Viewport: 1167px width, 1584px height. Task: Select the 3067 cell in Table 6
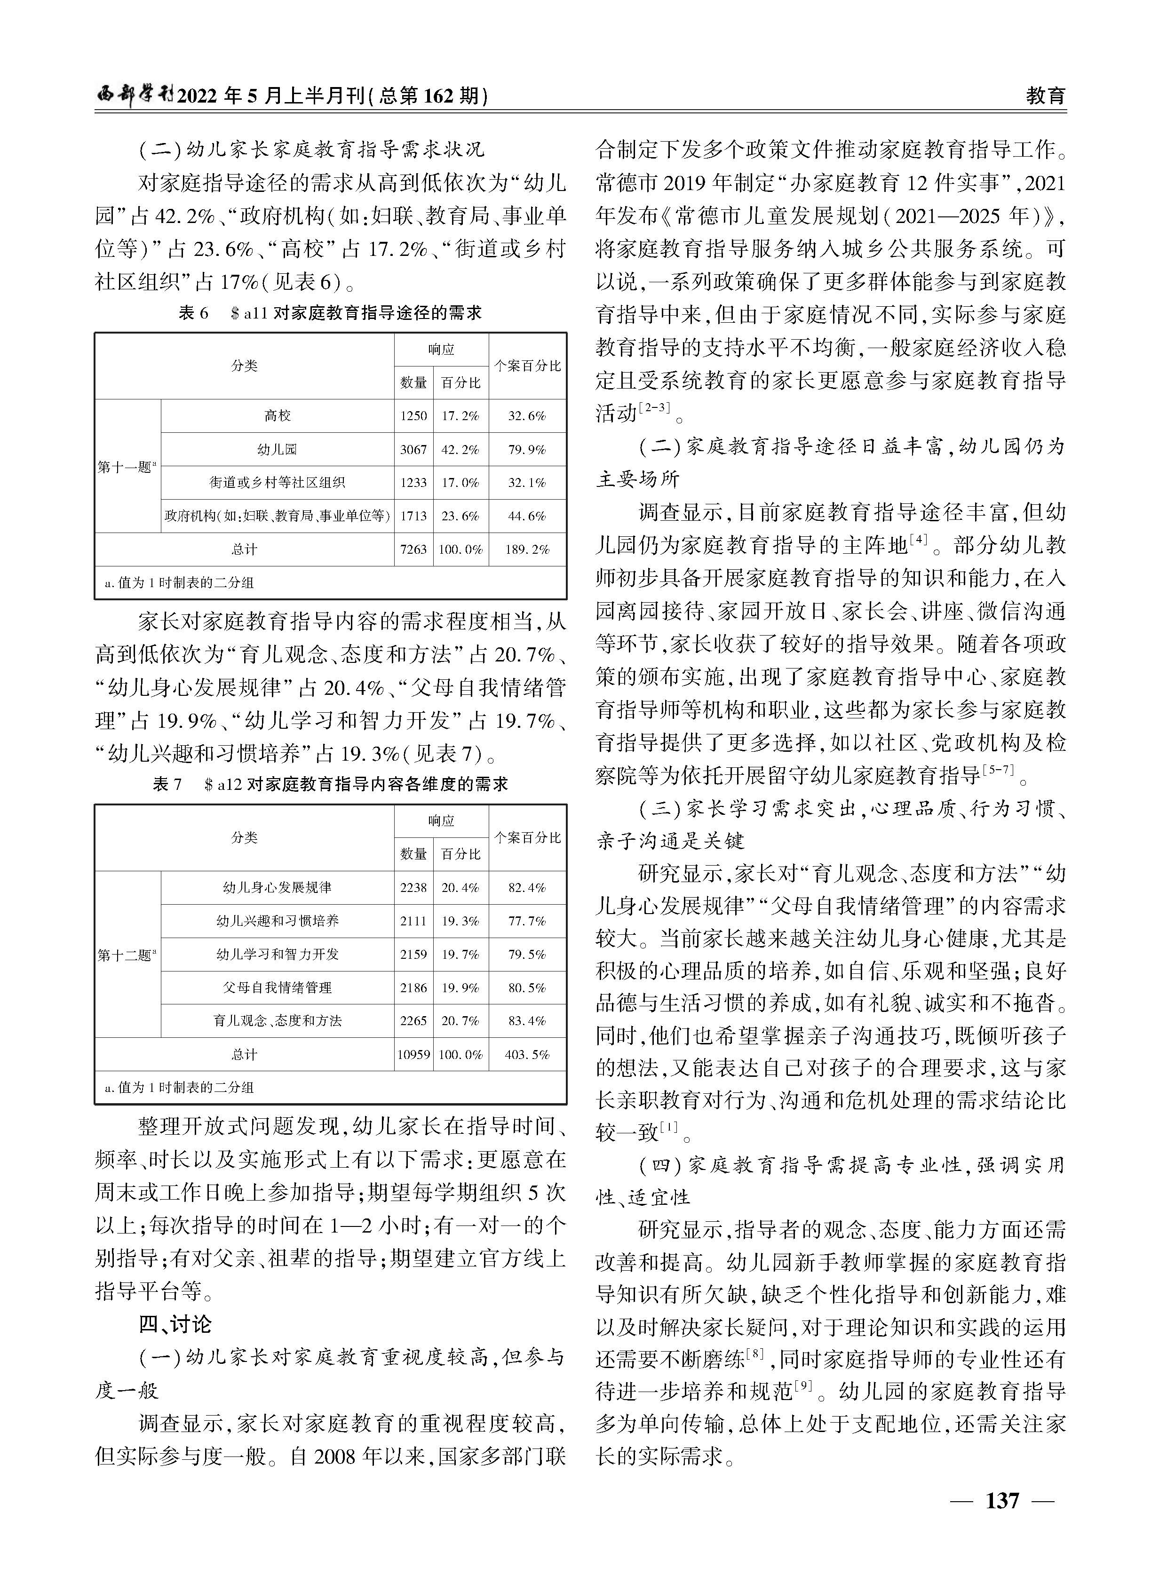pos(413,449)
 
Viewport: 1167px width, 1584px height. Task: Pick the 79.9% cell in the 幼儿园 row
pos(527,449)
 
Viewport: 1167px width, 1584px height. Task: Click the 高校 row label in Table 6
pos(278,416)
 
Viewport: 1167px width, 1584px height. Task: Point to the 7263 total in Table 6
pos(413,549)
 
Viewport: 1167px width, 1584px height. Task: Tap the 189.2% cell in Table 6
pos(527,549)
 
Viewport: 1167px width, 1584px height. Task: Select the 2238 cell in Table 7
pos(413,887)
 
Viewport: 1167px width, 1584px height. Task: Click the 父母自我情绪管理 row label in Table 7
pos(278,987)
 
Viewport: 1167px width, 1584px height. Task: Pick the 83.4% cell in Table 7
pos(527,1020)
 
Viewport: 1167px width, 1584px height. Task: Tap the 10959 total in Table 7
pos(413,1054)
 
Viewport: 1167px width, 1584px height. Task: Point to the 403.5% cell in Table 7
pos(527,1054)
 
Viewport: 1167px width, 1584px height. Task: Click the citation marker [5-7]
pos(998,770)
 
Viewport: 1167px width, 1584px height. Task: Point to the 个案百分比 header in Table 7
pos(527,837)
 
